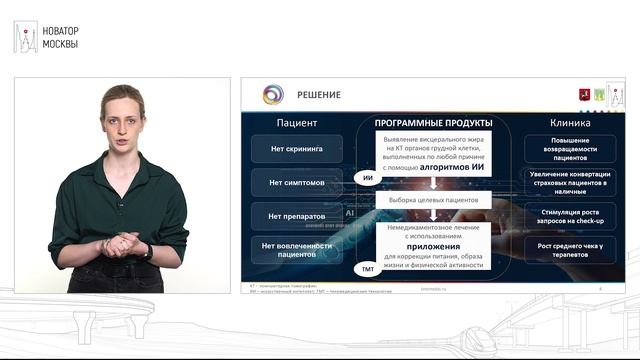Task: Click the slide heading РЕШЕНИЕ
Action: click(318, 95)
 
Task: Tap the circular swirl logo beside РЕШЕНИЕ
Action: click(273, 95)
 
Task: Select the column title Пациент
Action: click(297, 123)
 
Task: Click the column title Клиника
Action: click(570, 123)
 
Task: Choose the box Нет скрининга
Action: click(297, 150)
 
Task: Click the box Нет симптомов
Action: click(297, 183)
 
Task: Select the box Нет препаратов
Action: click(297, 216)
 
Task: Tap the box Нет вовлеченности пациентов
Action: click(297, 249)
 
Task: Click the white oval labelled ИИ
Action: click(368, 178)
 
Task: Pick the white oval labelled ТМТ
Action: click(368, 269)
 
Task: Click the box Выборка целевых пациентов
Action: click(434, 201)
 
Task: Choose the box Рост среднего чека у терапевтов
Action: click(570, 249)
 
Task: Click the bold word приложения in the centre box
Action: click(434, 244)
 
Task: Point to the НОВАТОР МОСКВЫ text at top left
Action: click(61, 37)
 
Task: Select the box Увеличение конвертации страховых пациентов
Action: click(570, 182)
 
